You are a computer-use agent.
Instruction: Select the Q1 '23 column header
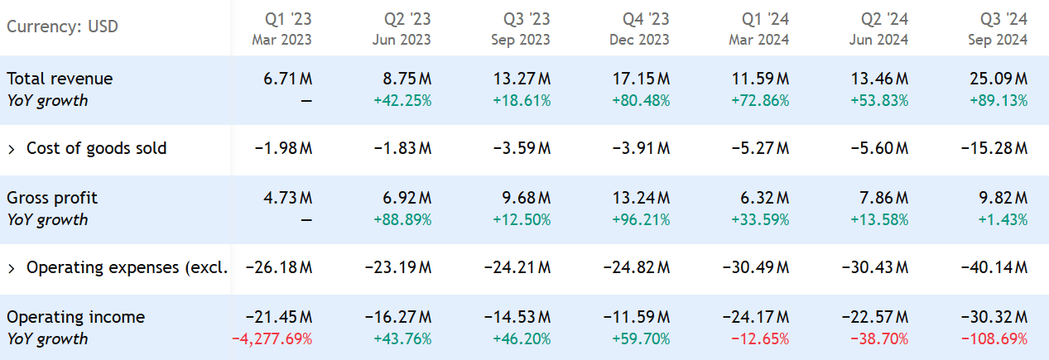284,28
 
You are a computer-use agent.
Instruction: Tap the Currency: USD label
63,26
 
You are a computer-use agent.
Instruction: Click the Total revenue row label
60,79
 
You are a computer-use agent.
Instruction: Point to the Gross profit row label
52,198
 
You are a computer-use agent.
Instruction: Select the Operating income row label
75,317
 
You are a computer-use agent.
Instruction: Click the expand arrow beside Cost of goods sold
12,149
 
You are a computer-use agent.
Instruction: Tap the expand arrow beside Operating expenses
12,268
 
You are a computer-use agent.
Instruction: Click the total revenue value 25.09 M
999,79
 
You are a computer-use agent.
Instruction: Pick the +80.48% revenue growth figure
641,101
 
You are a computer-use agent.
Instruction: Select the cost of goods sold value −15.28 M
994,149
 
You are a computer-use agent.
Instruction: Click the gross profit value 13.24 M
642,198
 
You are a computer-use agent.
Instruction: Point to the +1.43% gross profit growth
1003,220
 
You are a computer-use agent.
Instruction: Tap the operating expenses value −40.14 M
994,268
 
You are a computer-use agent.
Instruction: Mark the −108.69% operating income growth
994,339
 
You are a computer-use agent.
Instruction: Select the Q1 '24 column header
761,28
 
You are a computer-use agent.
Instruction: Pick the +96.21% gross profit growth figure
641,220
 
